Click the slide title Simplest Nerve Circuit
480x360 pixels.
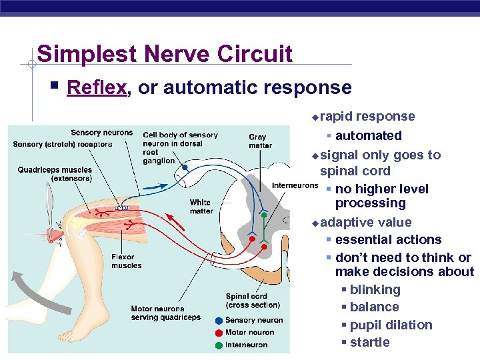165,53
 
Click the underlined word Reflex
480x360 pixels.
97,87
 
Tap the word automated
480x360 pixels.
368,135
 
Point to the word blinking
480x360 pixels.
375,289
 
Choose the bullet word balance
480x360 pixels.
374,307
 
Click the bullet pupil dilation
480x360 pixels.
391,325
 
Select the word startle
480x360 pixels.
369,342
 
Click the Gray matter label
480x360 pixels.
260,141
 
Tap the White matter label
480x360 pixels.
200,207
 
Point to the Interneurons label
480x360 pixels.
294,185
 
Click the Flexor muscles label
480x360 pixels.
127,261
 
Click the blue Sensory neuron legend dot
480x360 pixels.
219,321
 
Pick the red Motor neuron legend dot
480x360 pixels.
219,333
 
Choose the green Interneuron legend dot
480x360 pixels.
219,345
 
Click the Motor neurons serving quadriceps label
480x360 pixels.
165,313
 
